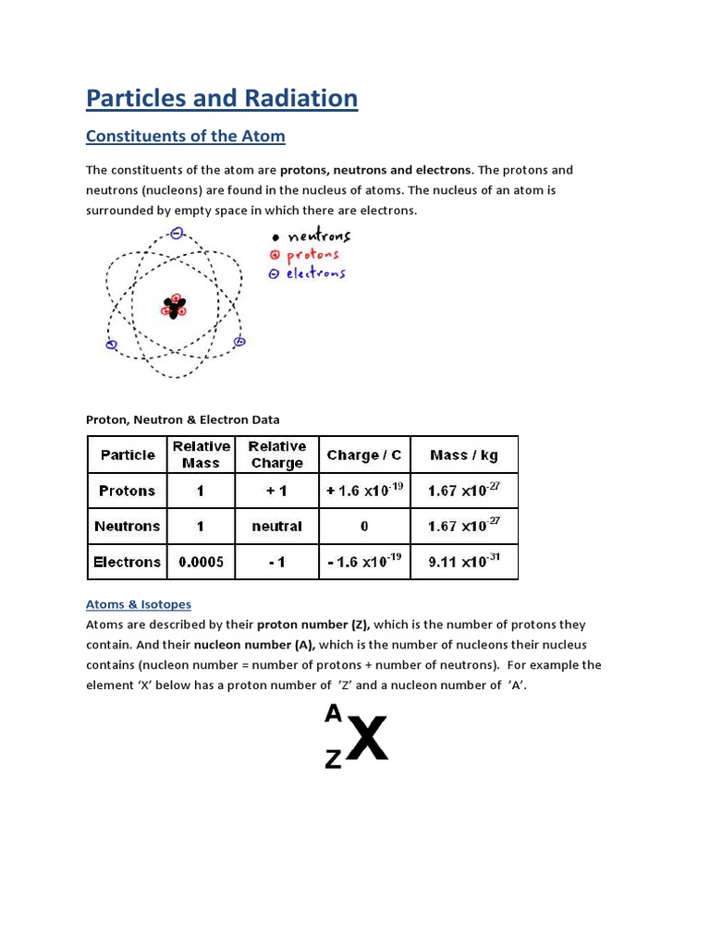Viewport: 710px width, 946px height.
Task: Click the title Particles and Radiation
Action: point(222,98)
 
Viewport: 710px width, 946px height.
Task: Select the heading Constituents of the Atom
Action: point(185,137)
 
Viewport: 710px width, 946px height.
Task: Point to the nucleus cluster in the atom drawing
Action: point(174,306)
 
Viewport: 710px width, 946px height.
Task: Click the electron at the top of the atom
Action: point(177,235)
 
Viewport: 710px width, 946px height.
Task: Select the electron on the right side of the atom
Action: point(239,342)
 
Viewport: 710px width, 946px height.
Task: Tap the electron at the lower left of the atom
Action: point(112,346)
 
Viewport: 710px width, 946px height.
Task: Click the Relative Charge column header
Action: point(276,455)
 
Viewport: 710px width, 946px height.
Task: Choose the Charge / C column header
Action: point(364,455)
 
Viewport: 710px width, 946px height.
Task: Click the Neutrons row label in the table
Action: point(128,527)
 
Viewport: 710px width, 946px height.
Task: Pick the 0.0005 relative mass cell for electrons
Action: point(201,562)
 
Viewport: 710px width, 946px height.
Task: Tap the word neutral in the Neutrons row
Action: point(276,527)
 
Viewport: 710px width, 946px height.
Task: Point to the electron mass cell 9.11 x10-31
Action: point(464,561)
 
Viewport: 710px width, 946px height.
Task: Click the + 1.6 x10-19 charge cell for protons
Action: point(364,491)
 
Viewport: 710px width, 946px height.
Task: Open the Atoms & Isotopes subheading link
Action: point(139,604)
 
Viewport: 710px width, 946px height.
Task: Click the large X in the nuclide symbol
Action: point(367,739)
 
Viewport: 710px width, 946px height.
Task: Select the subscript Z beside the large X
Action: point(333,759)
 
